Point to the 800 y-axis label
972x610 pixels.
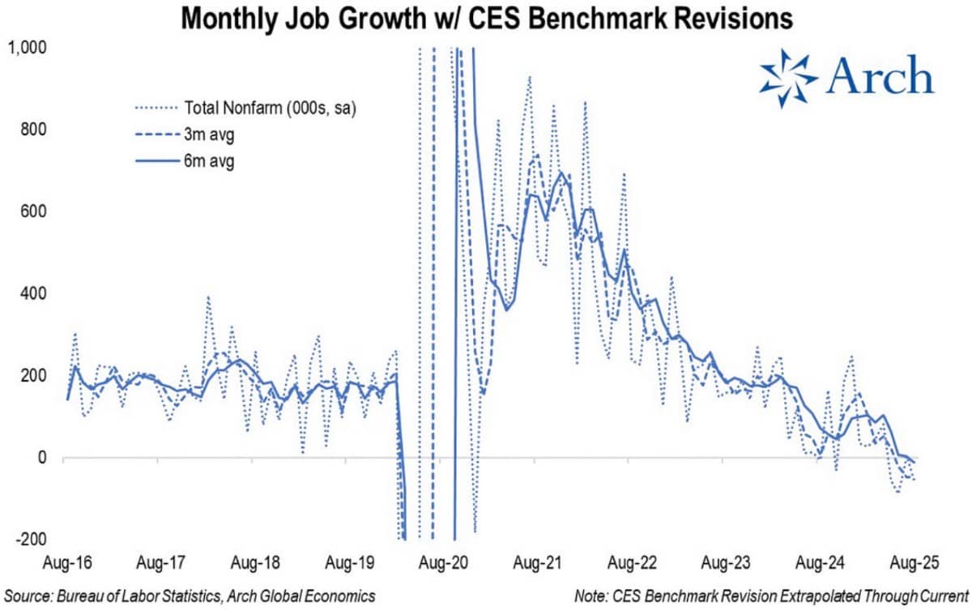(33, 130)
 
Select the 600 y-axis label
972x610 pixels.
(33, 211)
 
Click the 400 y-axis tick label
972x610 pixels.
(33, 293)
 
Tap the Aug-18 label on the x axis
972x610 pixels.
(254, 561)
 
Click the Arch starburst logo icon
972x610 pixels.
(788, 79)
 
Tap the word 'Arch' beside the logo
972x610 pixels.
(882, 79)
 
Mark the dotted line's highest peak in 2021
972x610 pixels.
(529, 77)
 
